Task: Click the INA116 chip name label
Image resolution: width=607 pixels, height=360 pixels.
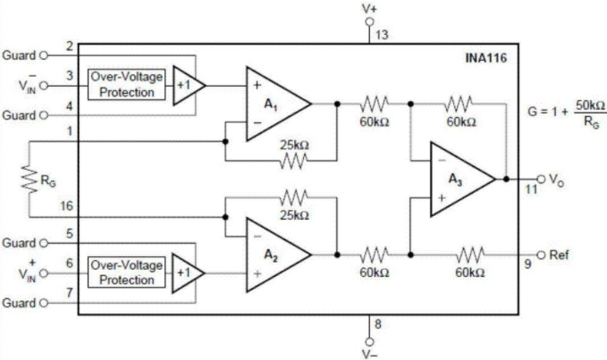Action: pyautogui.click(x=485, y=58)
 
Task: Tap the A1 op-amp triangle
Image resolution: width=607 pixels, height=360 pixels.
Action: pyautogui.click(x=278, y=104)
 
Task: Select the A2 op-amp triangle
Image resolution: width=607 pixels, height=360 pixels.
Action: pyautogui.click(x=278, y=255)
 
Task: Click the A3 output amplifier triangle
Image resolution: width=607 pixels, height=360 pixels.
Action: pyautogui.click(x=462, y=179)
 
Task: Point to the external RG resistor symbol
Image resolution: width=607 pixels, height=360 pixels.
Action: pyautogui.click(x=30, y=179)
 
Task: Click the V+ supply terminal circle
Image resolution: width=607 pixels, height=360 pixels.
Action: pyautogui.click(x=370, y=21)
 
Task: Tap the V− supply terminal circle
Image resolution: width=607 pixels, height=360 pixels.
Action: pyautogui.click(x=370, y=341)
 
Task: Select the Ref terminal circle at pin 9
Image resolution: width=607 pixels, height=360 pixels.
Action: pyautogui.click(x=541, y=255)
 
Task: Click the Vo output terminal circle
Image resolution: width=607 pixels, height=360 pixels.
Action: pyautogui.click(x=541, y=179)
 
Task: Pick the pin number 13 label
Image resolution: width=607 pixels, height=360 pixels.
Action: pyautogui.click(x=382, y=35)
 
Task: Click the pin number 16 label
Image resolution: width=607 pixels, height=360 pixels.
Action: pyautogui.click(x=66, y=205)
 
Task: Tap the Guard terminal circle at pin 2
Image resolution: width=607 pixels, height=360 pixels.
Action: pyautogui.click(x=44, y=55)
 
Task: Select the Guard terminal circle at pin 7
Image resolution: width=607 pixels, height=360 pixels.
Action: pyautogui.click(x=44, y=303)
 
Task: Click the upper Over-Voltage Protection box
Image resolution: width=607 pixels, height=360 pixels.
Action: pyautogui.click(x=127, y=85)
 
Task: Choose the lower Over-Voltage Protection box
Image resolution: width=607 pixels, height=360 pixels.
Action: pyautogui.click(x=127, y=273)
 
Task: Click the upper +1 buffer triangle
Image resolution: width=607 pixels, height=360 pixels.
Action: pyautogui.click(x=189, y=85)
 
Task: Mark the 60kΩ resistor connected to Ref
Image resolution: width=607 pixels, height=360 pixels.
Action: pyautogui.click(x=470, y=255)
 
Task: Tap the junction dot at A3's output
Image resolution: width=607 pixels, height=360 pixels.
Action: pyautogui.click(x=506, y=179)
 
